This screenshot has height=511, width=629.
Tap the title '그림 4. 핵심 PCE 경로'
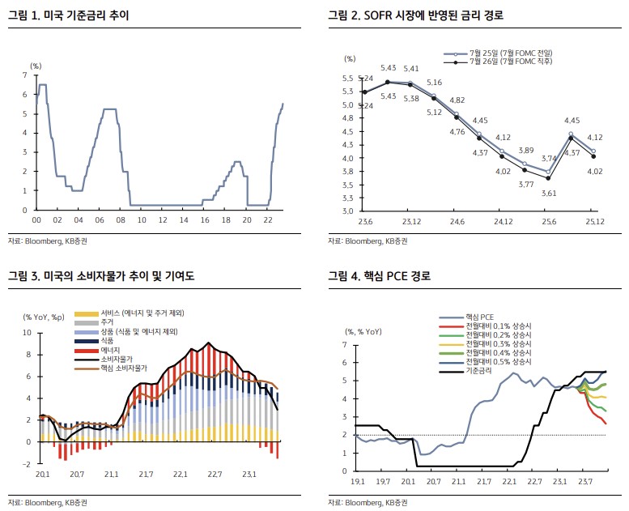379,276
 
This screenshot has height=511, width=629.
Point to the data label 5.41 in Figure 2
411,69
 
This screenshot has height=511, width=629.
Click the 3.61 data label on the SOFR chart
549,193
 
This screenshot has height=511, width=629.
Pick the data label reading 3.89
525,151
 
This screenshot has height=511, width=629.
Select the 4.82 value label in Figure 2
457,100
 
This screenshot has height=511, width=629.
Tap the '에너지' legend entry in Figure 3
111,348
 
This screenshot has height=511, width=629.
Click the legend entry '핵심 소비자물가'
125,368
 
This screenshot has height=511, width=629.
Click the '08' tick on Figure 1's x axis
121,220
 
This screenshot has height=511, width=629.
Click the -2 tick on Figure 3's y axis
28,464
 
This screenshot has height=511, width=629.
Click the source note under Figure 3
48,502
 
